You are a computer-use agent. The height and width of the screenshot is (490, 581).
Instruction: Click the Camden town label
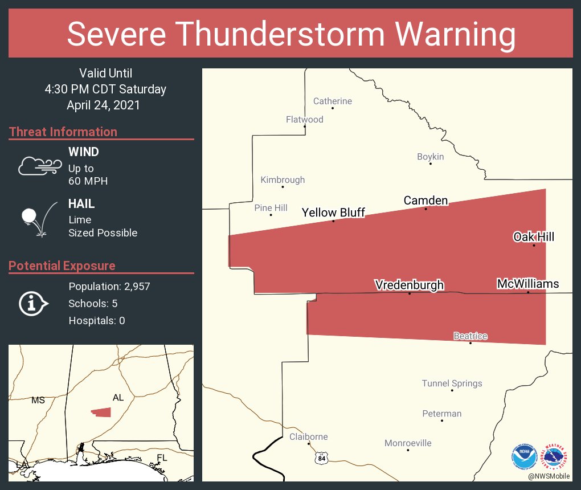[425, 201]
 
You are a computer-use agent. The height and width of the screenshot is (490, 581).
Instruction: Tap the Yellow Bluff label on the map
[333, 213]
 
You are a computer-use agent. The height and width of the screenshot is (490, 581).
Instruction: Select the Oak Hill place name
[533, 237]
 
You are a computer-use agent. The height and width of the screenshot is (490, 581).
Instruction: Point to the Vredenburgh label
[408, 285]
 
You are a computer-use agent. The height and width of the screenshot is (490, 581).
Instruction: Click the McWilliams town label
[527, 284]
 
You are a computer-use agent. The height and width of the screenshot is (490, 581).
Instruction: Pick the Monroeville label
[408, 443]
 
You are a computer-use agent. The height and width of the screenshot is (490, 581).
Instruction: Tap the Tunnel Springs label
[452, 383]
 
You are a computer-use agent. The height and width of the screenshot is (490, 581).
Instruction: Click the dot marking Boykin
[431, 164]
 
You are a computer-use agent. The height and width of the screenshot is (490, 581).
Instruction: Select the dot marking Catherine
[333, 108]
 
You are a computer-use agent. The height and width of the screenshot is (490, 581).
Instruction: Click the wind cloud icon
[39, 166]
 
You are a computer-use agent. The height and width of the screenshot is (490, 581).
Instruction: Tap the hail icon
[39, 219]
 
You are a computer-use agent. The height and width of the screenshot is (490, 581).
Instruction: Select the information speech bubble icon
[34, 304]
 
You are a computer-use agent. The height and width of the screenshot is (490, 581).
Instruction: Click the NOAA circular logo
[524, 456]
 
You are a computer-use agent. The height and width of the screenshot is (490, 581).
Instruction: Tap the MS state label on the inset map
[38, 401]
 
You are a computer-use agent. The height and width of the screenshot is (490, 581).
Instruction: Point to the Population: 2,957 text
[109, 287]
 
